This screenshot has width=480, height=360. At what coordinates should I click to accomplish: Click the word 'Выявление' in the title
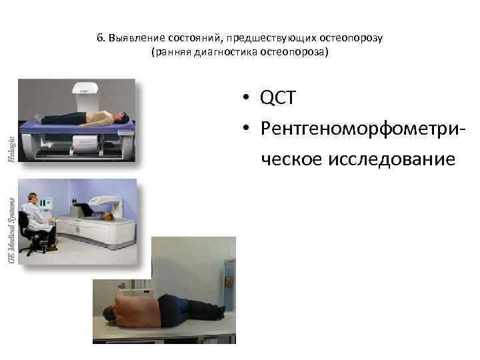tap(131, 38)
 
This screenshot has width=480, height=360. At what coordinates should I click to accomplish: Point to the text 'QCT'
tap(278, 99)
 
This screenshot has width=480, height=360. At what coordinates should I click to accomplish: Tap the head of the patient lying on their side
tap(109, 312)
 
